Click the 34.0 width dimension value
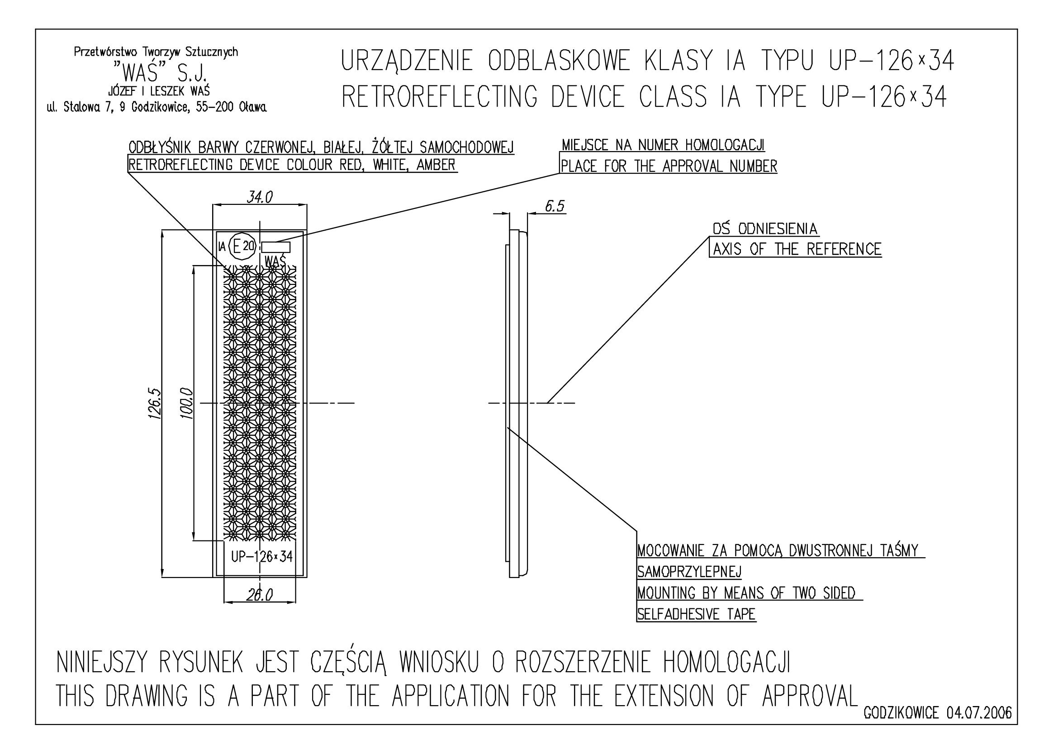click(x=260, y=197)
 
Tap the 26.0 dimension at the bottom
click(x=259, y=595)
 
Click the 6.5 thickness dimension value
click(x=555, y=206)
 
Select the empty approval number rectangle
click(x=276, y=247)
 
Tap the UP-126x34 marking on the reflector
click(x=261, y=557)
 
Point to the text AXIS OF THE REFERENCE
click(x=797, y=250)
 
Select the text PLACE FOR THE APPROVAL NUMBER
click(x=669, y=166)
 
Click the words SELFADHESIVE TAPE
click(x=697, y=614)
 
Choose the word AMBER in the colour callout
click(x=436, y=165)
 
